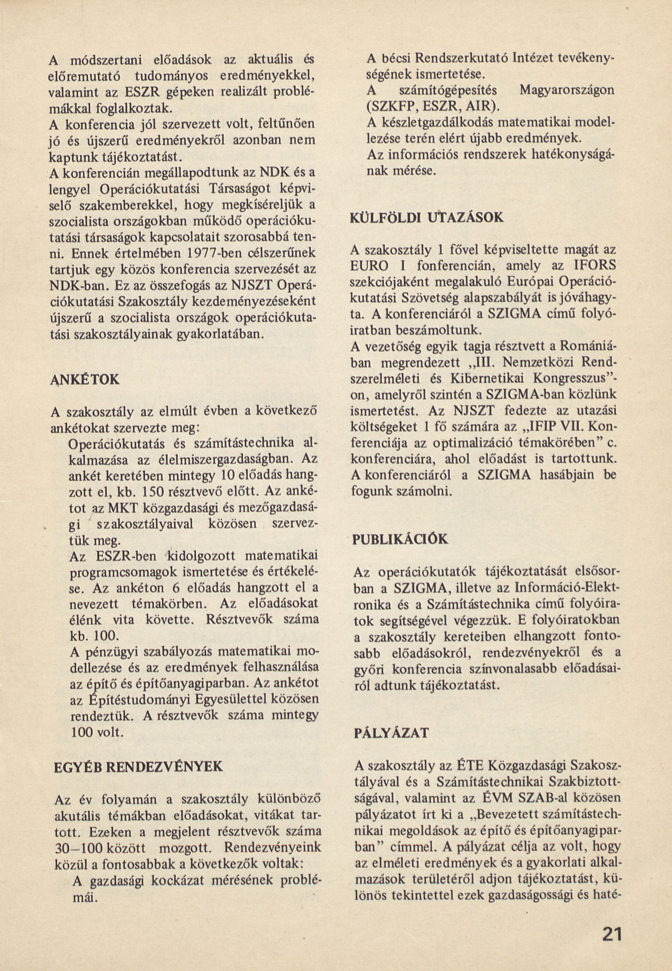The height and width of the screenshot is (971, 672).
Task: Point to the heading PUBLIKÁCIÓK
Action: [x=400, y=540]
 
